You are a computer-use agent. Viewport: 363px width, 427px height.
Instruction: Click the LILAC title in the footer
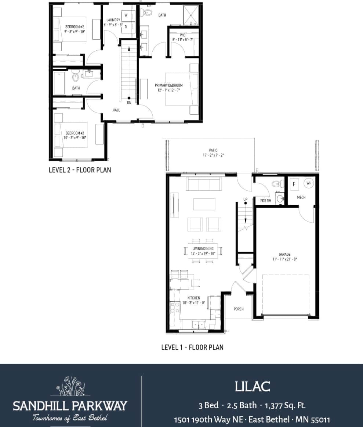pyautogui.click(x=252, y=387)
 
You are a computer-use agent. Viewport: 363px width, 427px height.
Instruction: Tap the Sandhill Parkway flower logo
pyautogui.click(x=70, y=386)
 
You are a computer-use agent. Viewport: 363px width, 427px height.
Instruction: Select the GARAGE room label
pyautogui.click(x=284, y=254)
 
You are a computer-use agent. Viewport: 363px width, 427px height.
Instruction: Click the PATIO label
pyautogui.click(x=213, y=150)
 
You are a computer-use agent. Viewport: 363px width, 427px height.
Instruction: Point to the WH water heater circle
pyautogui.click(x=309, y=183)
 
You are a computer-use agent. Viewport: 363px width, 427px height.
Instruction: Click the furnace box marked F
pyautogui.click(x=294, y=184)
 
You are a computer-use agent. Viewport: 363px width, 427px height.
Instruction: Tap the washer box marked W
pyautogui.click(x=126, y=15)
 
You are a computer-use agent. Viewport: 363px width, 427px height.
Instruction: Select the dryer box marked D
pyautogui.click(x=126, y=26)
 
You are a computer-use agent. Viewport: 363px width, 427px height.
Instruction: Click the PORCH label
pyautogui.click(x=239, y=309)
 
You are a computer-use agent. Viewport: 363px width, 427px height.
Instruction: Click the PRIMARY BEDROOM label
pyautogui.click(x=168, y=85)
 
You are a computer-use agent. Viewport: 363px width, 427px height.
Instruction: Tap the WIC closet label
pyautogui.click(x=182, y=35)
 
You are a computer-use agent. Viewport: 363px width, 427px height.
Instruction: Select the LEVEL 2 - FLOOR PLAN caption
pyautogui.click(x=80, y=170)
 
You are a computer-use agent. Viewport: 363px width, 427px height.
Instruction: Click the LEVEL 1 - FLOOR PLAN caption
pyautogui.click(x=192, y=347)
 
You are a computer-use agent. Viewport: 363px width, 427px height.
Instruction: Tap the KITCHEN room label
pyautogui.click(x=193, y=298)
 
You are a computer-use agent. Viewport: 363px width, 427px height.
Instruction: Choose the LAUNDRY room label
pyautogui.click(x=113, y=20)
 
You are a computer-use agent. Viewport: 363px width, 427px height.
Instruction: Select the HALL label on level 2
pyautogui.click(x=116, y=110)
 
